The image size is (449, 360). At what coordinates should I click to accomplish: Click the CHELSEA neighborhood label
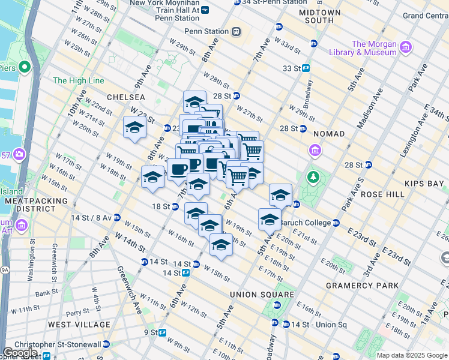tap(126, 97)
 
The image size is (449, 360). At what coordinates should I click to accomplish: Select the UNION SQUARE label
tap(262, 295)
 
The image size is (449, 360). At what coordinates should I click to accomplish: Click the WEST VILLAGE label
tap(79, 325)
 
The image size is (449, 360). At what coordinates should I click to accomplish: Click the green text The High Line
tap(79, 80)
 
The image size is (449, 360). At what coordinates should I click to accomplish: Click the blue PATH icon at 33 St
tap(306, 68)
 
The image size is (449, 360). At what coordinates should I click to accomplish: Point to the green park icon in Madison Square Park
tap(312, 178)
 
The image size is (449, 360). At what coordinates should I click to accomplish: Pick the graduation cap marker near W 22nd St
tap(134, 128)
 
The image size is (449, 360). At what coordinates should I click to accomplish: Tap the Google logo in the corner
tap(20, 353)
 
